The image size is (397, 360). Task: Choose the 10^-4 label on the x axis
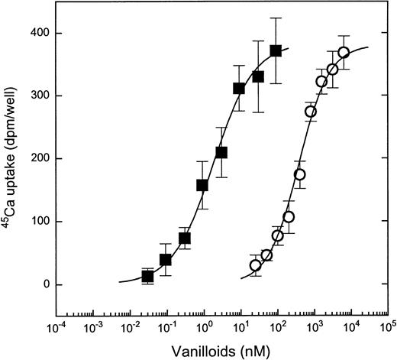[56, 329]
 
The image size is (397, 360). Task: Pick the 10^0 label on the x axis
[204, 329]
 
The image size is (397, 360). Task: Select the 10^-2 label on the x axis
[130, 329]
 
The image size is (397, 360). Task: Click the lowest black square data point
[148, 276]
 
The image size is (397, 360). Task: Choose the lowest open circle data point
[256, 265]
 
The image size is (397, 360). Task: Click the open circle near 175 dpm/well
[300, 174]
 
